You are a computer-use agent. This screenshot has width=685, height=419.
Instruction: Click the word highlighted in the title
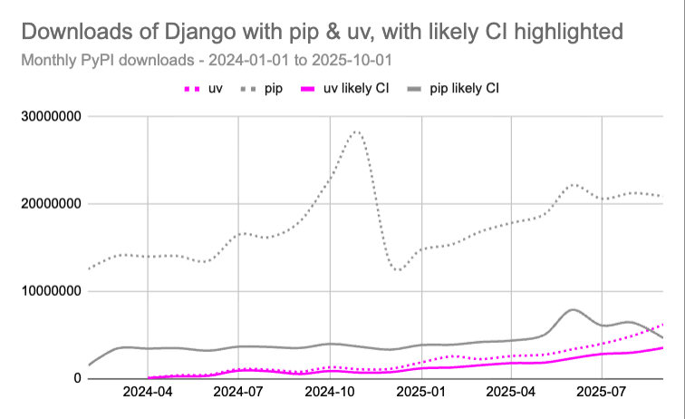point(561,33)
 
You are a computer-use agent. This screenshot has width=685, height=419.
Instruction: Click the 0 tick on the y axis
point(77,378)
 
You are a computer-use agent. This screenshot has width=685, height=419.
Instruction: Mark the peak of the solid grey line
point(573,310)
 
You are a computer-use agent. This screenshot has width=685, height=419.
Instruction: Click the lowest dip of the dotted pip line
point(398,270)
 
